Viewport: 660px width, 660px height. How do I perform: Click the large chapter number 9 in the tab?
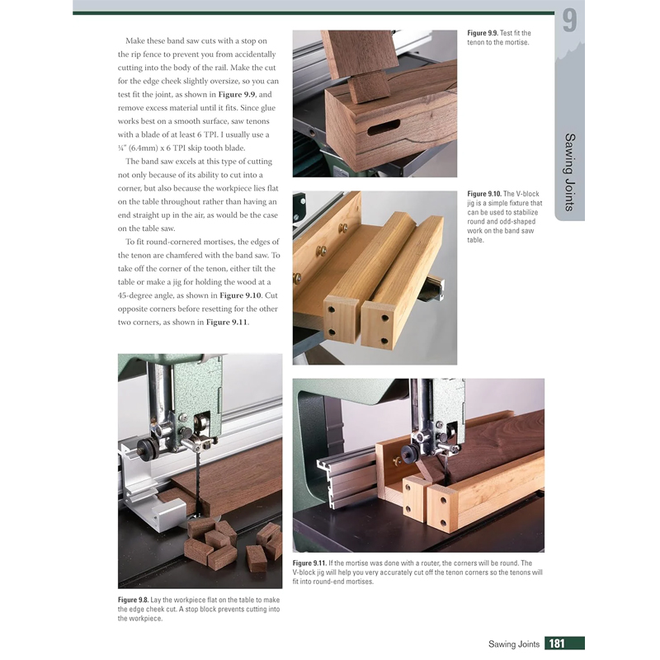coord(569,21)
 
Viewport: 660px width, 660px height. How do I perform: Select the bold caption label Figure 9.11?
coord(313,563)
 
